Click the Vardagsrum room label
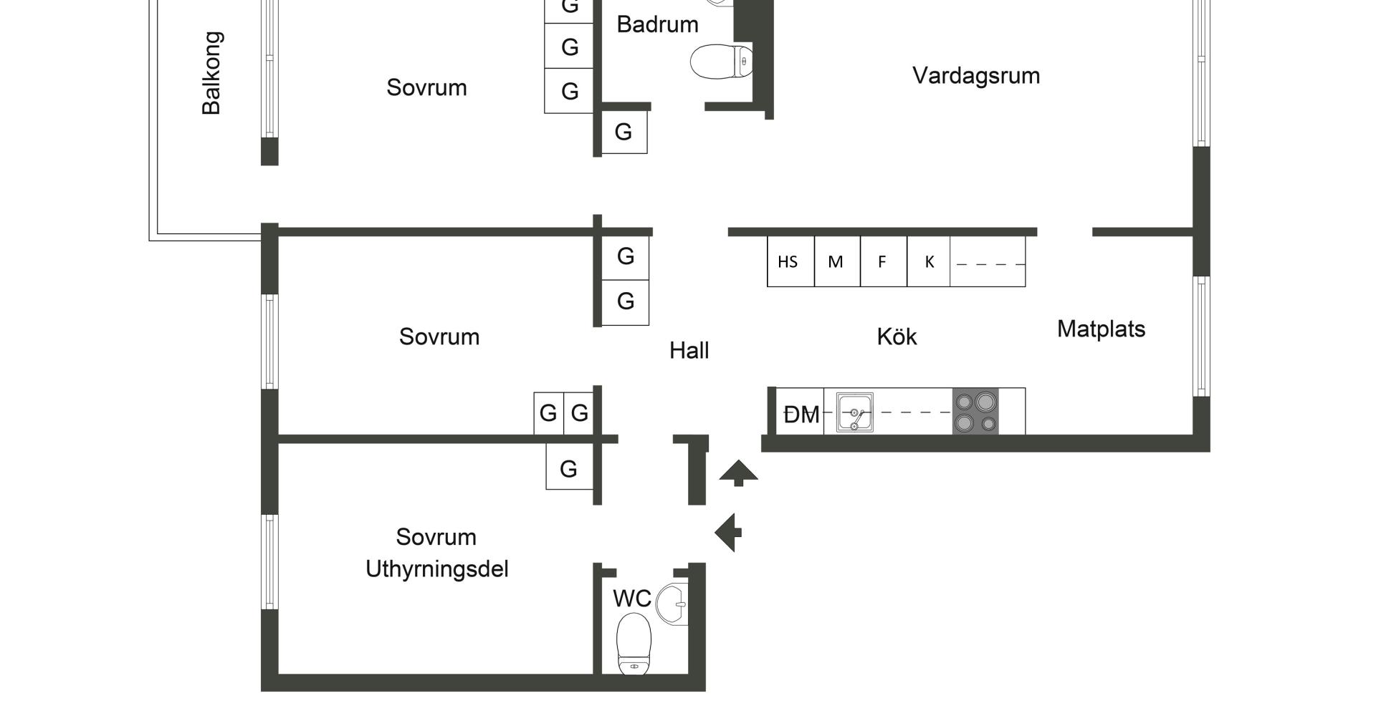coord(975,76)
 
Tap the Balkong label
coord(211,73)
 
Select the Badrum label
coord(657,24)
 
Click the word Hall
coord(689,351)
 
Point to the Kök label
coord(897,337)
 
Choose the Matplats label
coord(1101,329)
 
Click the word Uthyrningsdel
coord(436,569)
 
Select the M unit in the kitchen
coord(836,262)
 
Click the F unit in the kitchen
coord(883,262)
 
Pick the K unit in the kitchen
coord(929,262)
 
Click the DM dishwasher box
coord(801,414)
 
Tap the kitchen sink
coord(854,413)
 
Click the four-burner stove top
coord(975,412)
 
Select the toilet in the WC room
coord(634,642)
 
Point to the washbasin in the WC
coord(674,603)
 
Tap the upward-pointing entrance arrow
coord(738,473)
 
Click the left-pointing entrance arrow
coord(729,533)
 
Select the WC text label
coord(631,599)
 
